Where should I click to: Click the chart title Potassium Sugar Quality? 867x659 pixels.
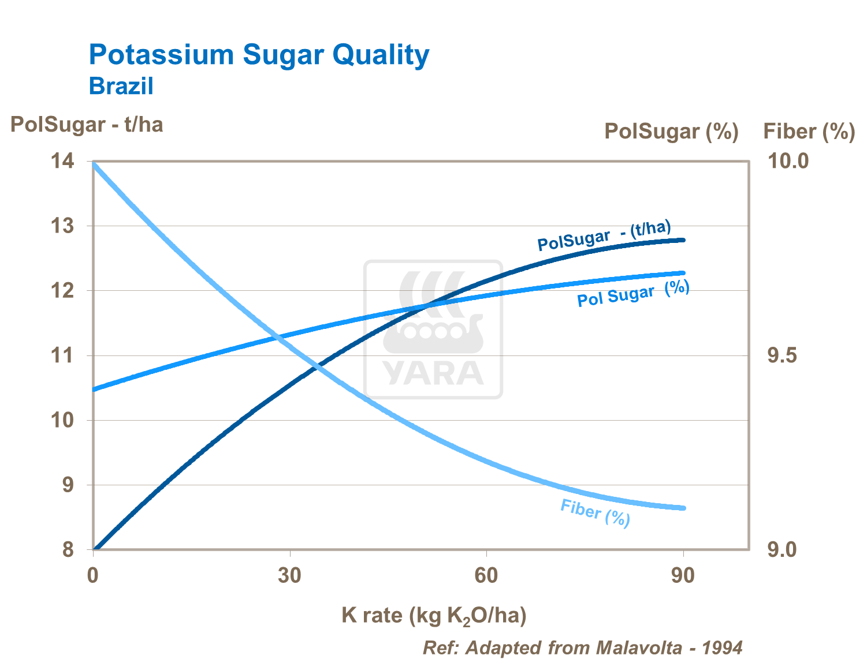pos(259,55)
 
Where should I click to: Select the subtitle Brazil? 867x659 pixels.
pos(121,87)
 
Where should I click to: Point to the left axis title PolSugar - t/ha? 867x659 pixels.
pos(87,125)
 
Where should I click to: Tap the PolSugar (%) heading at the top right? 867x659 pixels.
pos(671,132)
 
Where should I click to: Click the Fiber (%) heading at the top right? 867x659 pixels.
pos(809,132)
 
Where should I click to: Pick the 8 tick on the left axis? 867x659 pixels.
pos(68,550)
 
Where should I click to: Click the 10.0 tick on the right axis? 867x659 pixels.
pos(788,161)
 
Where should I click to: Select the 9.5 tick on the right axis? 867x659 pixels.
pos(782,355)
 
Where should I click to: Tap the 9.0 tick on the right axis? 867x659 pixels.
pos(782,550)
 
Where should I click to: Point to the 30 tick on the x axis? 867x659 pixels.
pos(290,576)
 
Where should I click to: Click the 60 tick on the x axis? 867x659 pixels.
pos(486,576)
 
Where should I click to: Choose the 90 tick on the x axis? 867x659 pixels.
pos(683,576)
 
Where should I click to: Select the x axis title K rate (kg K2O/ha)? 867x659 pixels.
pos(434,616)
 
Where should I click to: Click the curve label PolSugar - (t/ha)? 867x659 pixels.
pos(604,235)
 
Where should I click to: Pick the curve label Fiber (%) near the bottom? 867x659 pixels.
pos(595,512)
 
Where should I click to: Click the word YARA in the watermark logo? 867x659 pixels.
pos(433,373)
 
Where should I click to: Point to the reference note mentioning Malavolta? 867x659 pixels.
pos(582,647)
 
